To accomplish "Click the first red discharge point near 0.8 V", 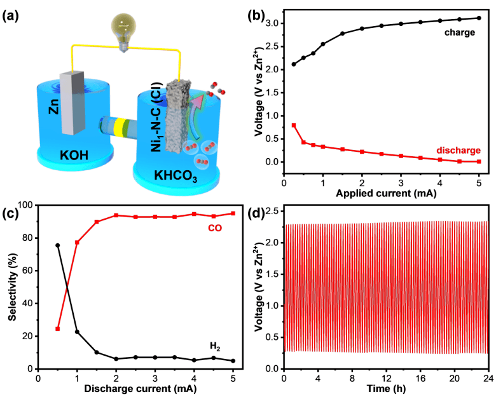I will pos(294,125).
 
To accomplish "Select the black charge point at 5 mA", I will pos(479,18).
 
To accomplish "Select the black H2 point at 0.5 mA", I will pos(58,245).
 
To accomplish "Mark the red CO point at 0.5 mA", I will pos(58,328).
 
